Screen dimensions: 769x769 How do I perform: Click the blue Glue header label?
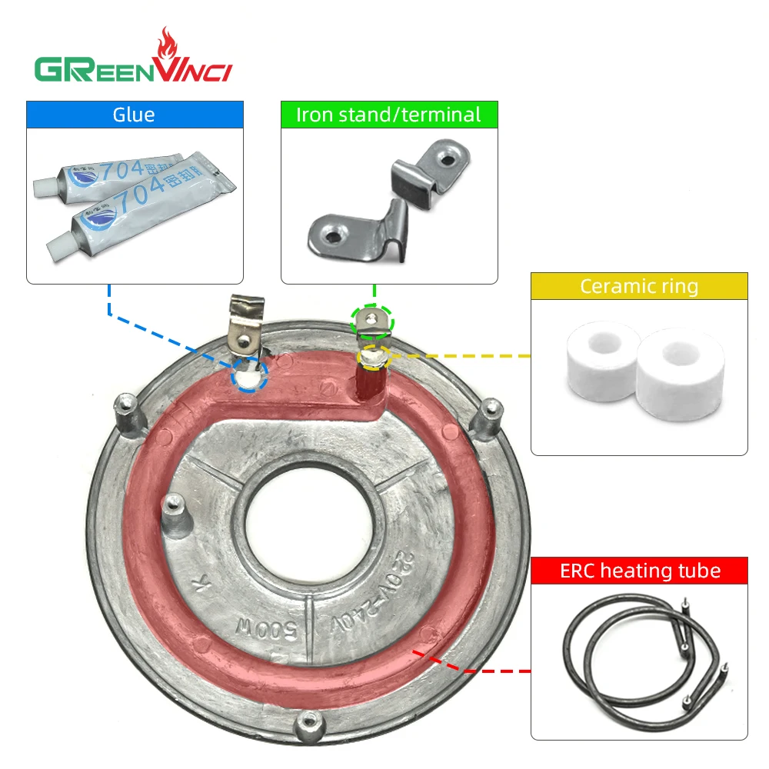coord(134,115)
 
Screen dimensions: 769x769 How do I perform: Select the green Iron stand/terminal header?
coord(388,115)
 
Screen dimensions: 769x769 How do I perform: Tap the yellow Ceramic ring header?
coord(638,287)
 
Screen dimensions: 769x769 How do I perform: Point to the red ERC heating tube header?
coord(638,571)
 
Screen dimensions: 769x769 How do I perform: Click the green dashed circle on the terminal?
coord(372,320)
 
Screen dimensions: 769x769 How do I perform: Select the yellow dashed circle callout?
coord(374,356)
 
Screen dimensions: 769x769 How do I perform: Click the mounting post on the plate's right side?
coord(487,420)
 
